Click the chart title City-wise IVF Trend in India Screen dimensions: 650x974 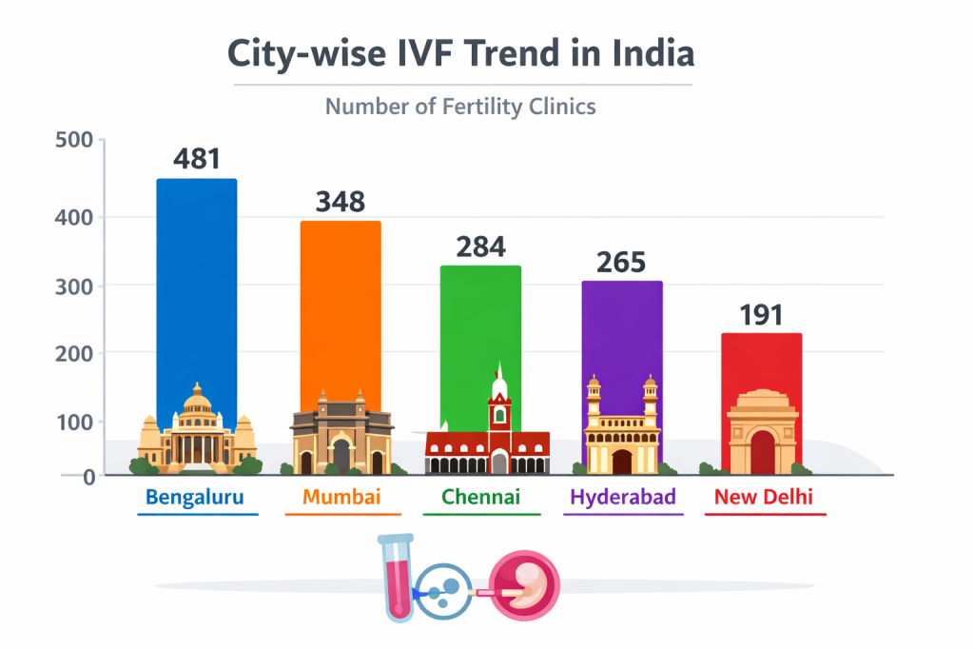(461, 53)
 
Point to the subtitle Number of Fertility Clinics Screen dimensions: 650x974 (460, 106)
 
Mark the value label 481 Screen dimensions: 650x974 (197, 158)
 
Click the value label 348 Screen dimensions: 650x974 (341, 201)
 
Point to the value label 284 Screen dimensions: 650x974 (480, 246)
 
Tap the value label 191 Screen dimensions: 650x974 (761, 314)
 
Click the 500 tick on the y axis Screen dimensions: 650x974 (74, 141)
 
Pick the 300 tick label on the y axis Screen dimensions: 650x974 (74, 286)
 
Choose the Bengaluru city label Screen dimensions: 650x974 (195, 497)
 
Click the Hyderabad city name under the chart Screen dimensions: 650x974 (623, 497)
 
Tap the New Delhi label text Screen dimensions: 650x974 (764, 497)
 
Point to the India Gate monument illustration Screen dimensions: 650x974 (763, 433)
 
